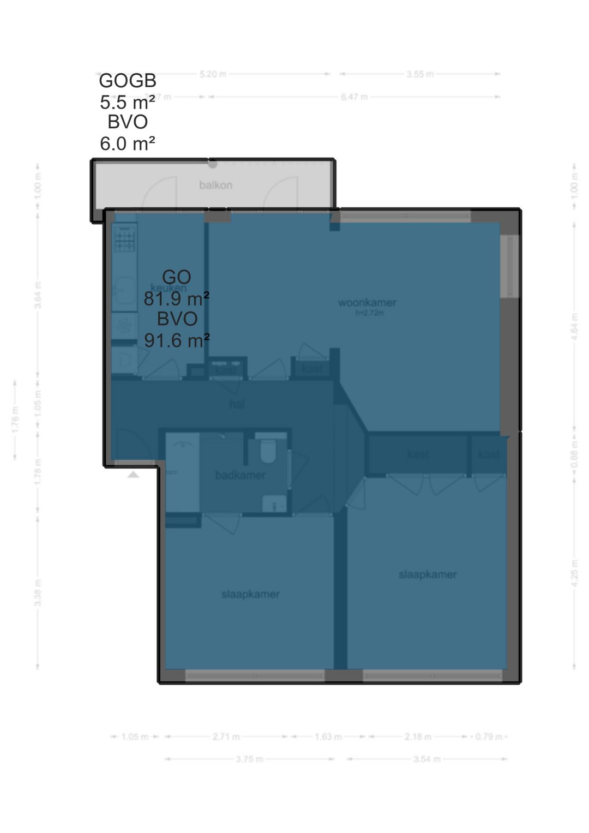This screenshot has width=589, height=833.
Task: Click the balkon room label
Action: pos(215,185)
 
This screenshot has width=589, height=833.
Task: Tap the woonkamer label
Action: pos(367,302)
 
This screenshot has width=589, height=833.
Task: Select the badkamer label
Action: pos(240,475)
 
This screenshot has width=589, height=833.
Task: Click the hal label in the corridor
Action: pos(237,404)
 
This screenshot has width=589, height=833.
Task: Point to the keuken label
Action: pos(169,288)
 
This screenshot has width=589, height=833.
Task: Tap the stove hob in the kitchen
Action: pos(124,238)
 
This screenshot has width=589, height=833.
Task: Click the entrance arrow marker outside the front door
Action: pos(133,475)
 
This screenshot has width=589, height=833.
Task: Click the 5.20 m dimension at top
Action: pos(213,74)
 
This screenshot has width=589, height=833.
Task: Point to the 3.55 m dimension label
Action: pos(420,74)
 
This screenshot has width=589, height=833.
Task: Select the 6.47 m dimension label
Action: pos(354,97)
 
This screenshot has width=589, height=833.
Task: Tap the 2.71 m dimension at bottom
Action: pos(226,736)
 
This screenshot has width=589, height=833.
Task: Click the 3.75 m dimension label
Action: pos(250,759)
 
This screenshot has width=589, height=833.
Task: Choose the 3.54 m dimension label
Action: pos(426,759)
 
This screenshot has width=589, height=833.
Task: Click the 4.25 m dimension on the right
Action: pos(574,573)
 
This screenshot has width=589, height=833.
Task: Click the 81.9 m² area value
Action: pos(177,299)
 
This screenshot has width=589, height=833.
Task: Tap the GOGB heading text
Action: pos(128,81)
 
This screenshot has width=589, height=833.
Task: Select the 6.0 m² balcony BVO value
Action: pos(128,143)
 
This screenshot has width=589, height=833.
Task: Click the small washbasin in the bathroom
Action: pos(274,504)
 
